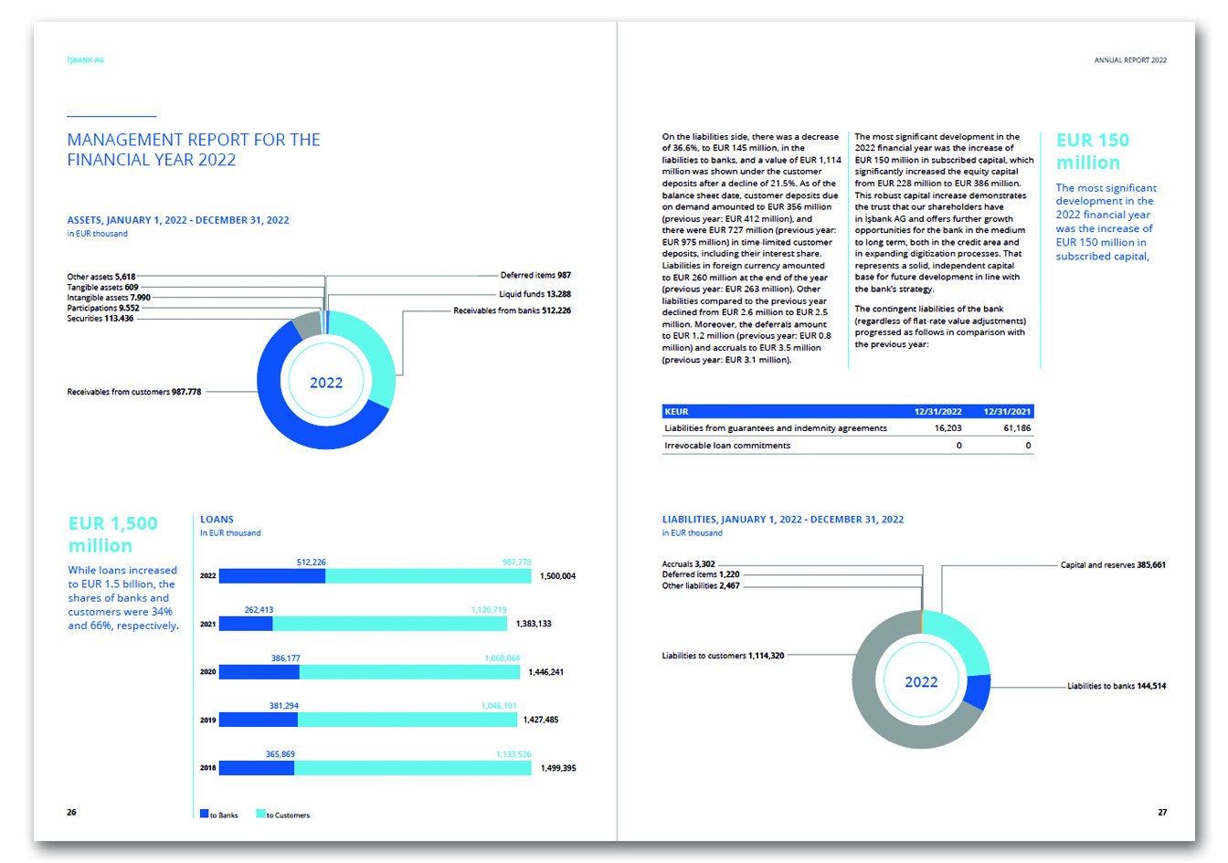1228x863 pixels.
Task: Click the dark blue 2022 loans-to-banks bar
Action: [272, 576]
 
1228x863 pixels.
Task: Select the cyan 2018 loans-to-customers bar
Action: [412, 768]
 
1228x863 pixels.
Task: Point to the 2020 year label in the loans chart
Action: [208, 672]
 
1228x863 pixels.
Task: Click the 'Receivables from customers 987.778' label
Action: [134, 392]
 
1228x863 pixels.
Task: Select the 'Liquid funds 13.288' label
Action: [535, 294]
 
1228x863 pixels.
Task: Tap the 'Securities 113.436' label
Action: [101, 319]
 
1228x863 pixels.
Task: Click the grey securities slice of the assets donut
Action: [307, 323]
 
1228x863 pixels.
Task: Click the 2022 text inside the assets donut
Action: [326, 383]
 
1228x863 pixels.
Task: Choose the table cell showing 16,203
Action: [947, 428]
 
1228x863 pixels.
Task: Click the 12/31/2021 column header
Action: [1007, 412]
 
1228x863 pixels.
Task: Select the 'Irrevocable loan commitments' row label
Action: [727, 446]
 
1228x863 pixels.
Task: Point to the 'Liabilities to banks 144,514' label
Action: [1116, 686]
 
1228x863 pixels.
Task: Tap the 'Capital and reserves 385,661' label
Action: [1112, 565]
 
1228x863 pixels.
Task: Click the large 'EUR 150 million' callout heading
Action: [1092, 152]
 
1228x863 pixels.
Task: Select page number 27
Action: [1162, 812]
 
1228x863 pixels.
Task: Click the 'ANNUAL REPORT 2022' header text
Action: [1130, 60]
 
